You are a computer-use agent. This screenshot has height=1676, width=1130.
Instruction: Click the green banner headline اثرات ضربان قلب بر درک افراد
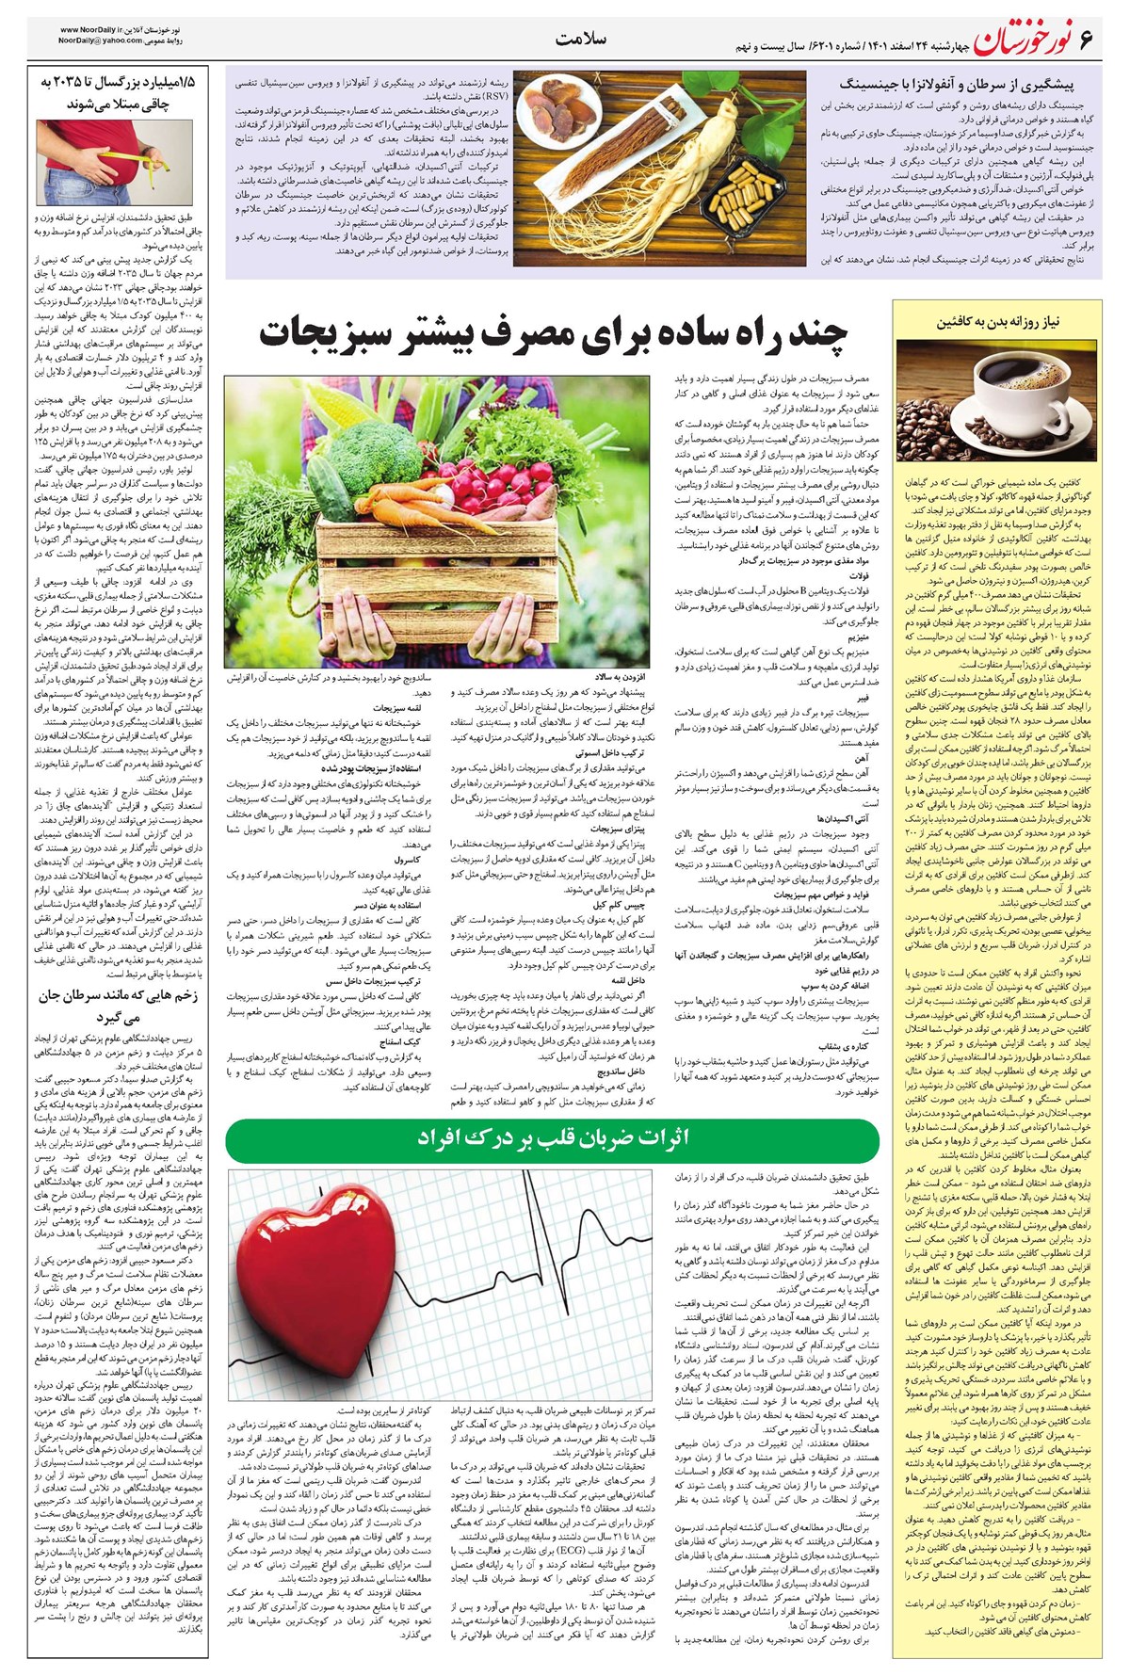(554, 1137)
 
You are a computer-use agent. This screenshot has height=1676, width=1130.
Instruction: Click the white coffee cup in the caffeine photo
(998, 378)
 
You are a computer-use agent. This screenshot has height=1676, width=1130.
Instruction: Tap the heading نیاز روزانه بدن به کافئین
(998, 322)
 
